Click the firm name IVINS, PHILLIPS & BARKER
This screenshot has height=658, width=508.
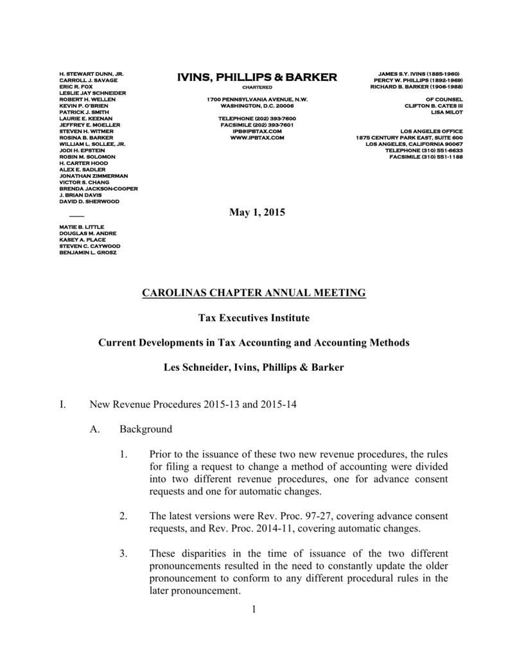click(257, 78)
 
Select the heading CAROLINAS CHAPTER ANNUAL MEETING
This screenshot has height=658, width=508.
click(254, 293)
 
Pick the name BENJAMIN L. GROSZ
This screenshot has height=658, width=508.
click(88, 253)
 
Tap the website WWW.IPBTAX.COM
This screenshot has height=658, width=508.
click(257, 138)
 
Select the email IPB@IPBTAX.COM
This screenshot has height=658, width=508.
click(257, 131)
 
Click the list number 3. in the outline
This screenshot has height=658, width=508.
click(123, 553)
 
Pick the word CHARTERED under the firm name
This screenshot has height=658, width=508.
click(257, 87)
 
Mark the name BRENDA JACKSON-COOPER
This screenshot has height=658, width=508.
click(98, 188)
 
